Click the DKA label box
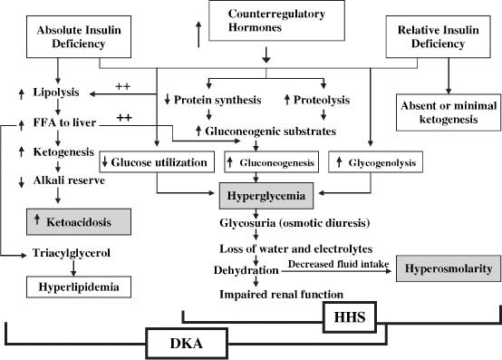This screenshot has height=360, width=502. (186, 344)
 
